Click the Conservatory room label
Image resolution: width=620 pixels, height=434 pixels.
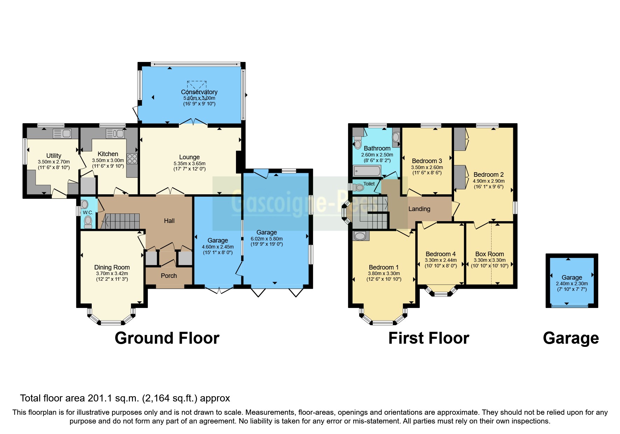tap(199, 92)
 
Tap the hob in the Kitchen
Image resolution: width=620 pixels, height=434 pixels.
tap(132, 159)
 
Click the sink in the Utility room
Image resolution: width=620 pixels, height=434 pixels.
tap(62, 133)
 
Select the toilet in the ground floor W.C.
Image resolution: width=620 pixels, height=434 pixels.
tap(88, 222)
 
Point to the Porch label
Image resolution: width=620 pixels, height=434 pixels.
tap(169, 276)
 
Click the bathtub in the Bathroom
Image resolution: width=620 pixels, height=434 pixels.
tap(367, 171)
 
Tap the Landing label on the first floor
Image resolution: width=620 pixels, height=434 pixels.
tap(419, 209)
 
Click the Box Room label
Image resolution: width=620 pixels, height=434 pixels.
tap(489, 254)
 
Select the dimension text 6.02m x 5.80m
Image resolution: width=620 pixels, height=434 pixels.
tap(266, 239)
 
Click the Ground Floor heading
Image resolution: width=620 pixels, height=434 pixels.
tap(167, 338)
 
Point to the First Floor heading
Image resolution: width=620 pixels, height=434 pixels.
tap(429, 338)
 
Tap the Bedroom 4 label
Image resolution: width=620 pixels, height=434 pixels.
tap(440, 254)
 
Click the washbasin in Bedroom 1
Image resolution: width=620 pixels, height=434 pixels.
tap(360, 236)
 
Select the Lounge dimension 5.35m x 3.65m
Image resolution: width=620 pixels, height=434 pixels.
tap(189, 163)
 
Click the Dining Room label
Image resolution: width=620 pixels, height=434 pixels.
tap(112, 267)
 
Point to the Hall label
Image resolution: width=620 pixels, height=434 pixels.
tap(169, 221)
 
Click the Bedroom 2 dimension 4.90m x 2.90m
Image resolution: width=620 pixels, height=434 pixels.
tap(488, 181)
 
